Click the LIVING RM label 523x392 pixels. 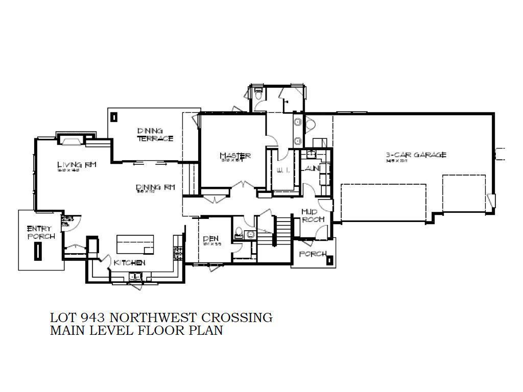(77, 164)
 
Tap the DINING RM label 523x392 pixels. (155, 187)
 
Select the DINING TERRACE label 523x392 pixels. (155, 134)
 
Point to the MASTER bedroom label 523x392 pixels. (235, 155)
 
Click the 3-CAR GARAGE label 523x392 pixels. (416, 155)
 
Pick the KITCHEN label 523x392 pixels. (129, 262)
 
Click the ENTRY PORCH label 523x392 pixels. (38, 232)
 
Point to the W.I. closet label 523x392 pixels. (282, 170)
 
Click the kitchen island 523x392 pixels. (135, 244)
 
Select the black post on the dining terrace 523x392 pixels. (113, 117)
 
